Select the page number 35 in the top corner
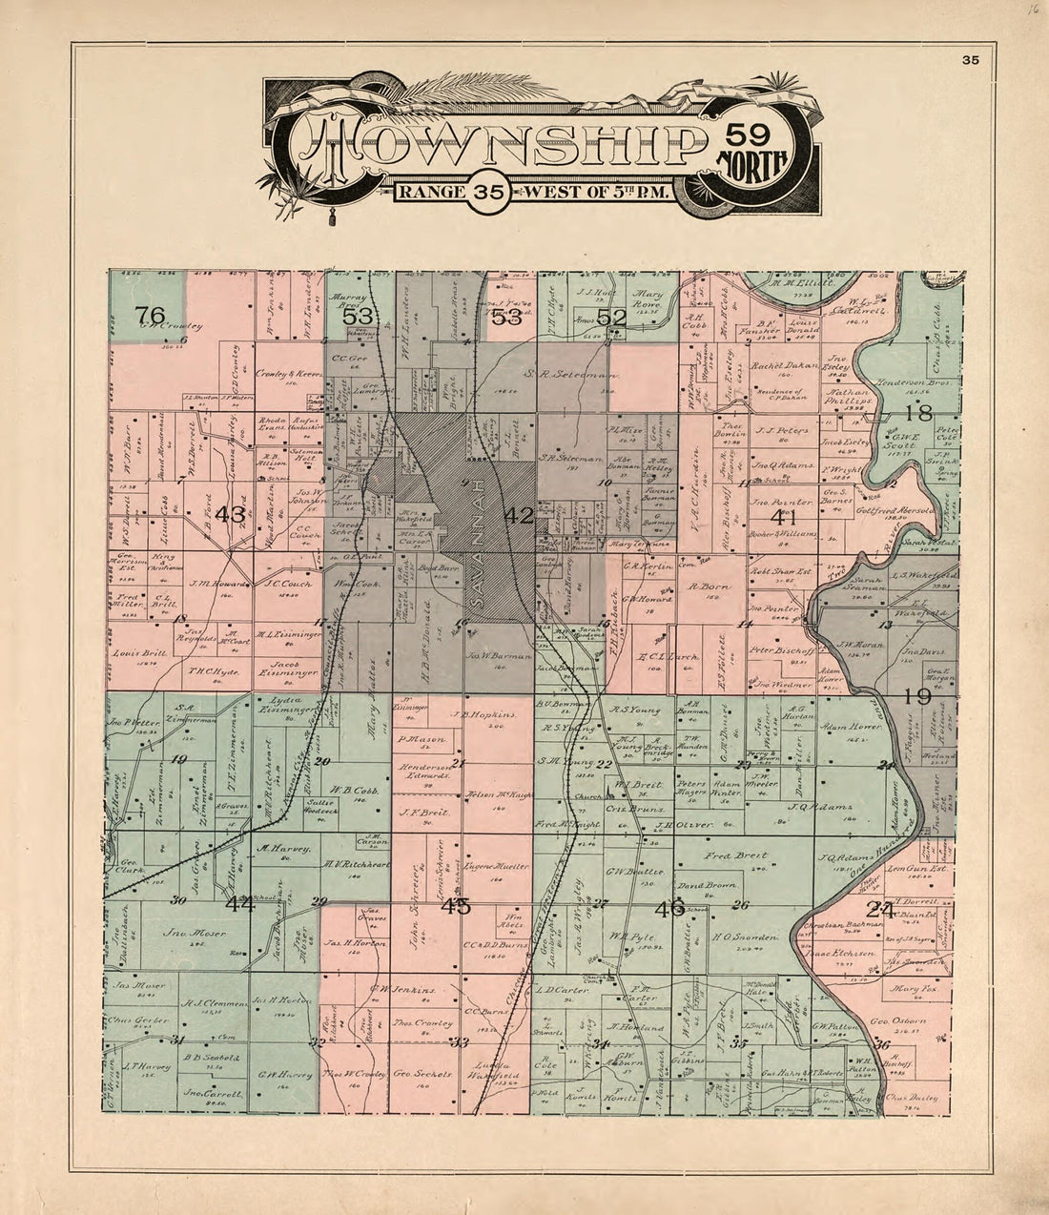[x=971, y=60]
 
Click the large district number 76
[x=151, y=316]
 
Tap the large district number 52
[x=610, y=318]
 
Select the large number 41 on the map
[x=783, y=516]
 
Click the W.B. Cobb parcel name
[x=350, y=790]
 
